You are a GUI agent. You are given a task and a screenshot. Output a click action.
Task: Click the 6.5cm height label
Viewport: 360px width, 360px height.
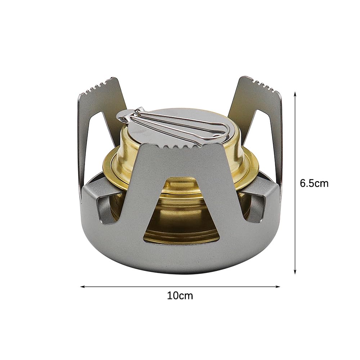tap(314, 184)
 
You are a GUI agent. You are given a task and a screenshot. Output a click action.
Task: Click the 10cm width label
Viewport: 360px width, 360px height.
tap(180, 296)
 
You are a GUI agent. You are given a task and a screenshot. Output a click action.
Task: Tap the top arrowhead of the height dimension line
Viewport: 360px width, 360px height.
tap(295, 94)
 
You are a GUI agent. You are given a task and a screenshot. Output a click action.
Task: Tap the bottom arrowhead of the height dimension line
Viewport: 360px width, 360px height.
tap(295, 271)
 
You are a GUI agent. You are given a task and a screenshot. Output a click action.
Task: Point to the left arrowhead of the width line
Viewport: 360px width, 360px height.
tap(83, 287)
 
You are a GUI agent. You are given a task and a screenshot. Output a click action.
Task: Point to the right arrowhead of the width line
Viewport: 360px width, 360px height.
tap(278, 287)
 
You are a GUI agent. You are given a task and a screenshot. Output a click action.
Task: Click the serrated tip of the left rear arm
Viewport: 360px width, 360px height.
tap(98, 86)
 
